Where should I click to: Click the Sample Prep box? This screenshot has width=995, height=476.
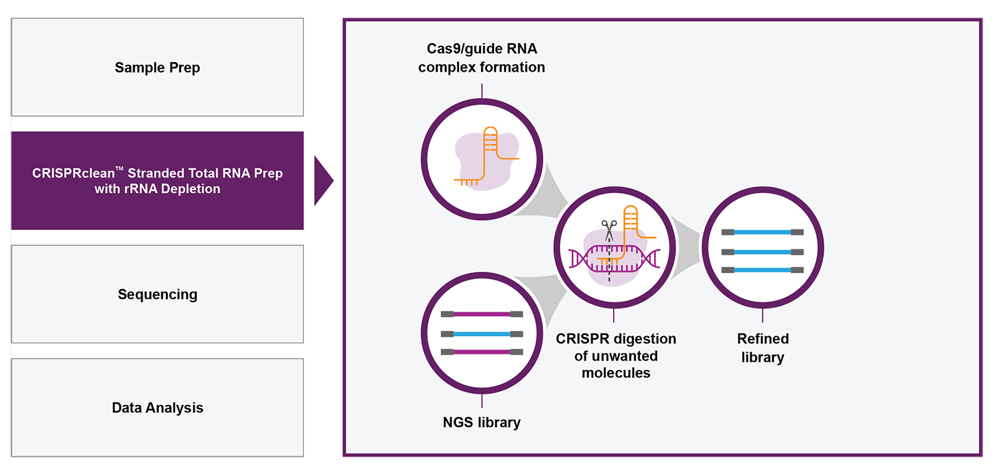157,67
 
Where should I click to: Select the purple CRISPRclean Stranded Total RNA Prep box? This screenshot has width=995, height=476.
157,180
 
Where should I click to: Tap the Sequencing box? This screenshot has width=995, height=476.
157,294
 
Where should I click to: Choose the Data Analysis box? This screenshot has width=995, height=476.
157,408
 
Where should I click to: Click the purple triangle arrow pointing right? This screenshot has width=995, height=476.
322,181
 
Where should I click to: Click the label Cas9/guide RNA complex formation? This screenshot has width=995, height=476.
482,58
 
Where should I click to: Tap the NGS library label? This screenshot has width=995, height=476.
482,422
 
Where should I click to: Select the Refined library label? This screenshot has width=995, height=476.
763,347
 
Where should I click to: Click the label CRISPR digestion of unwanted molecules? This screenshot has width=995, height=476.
616,355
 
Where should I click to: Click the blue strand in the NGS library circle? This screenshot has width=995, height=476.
482,334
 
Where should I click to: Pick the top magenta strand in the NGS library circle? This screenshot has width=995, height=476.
482,314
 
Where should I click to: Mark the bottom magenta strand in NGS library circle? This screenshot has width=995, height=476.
482,352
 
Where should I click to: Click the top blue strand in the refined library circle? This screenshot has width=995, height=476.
763,232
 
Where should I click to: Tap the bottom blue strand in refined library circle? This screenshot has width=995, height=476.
763,270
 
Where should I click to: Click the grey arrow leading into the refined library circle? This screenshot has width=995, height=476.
685,248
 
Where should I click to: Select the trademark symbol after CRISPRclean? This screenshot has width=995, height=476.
119,168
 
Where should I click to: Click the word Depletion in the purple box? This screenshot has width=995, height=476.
190,189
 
